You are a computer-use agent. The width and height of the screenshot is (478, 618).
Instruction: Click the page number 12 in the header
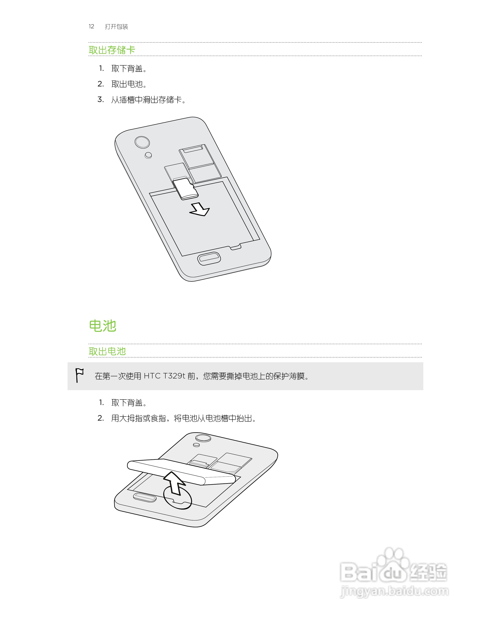coord(91,27)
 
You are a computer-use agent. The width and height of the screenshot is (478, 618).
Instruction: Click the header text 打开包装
coord(116,27)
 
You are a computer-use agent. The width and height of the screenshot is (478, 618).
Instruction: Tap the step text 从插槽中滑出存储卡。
coord(148,100)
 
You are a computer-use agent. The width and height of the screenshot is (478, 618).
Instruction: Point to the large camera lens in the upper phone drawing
coord(142,142)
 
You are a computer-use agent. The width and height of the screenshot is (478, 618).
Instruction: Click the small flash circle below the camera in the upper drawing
coord(148,155)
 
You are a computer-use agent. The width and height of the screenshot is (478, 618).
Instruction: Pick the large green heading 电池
coord(103,326)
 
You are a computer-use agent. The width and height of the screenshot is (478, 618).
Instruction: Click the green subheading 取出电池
coord(107,351)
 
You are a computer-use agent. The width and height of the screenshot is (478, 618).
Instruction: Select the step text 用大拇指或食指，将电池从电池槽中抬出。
coord(184,418)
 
